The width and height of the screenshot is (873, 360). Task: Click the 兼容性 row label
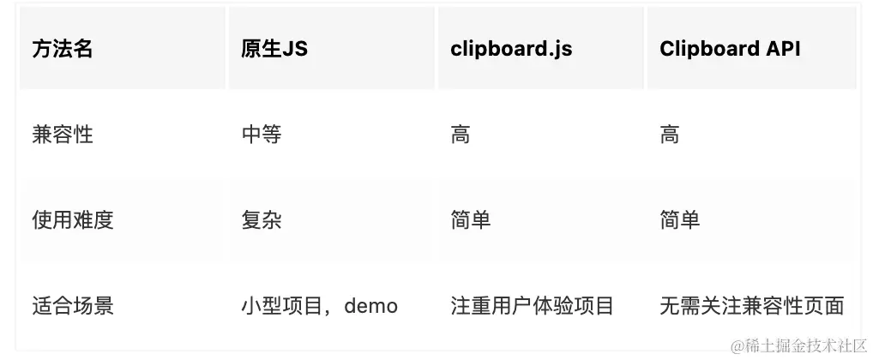click(x=63, y=135)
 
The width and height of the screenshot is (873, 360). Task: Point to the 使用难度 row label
click(x=73, y=220)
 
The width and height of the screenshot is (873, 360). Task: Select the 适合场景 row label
click(x=73, y=306)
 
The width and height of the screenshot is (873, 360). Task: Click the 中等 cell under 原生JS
click(x=262, y=135)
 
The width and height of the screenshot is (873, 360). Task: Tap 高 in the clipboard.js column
click(x=461, y=135)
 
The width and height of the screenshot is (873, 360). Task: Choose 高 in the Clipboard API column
click(x=670, y=135)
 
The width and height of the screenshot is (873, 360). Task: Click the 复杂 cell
click(x=262, y=220)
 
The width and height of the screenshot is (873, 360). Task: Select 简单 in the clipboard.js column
click(x=471, y=220)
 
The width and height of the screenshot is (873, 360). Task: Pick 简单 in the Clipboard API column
click(x=680, y=220)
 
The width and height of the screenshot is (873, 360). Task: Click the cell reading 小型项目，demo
click(x=319, y=306)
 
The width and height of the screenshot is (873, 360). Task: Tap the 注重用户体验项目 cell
click(x=533, y=306)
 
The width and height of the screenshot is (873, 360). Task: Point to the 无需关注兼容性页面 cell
click(x=752, y=306)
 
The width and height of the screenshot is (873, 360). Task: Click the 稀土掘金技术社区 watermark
click(x=798, y=345)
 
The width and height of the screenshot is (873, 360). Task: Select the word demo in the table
click(x=370, y=306)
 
